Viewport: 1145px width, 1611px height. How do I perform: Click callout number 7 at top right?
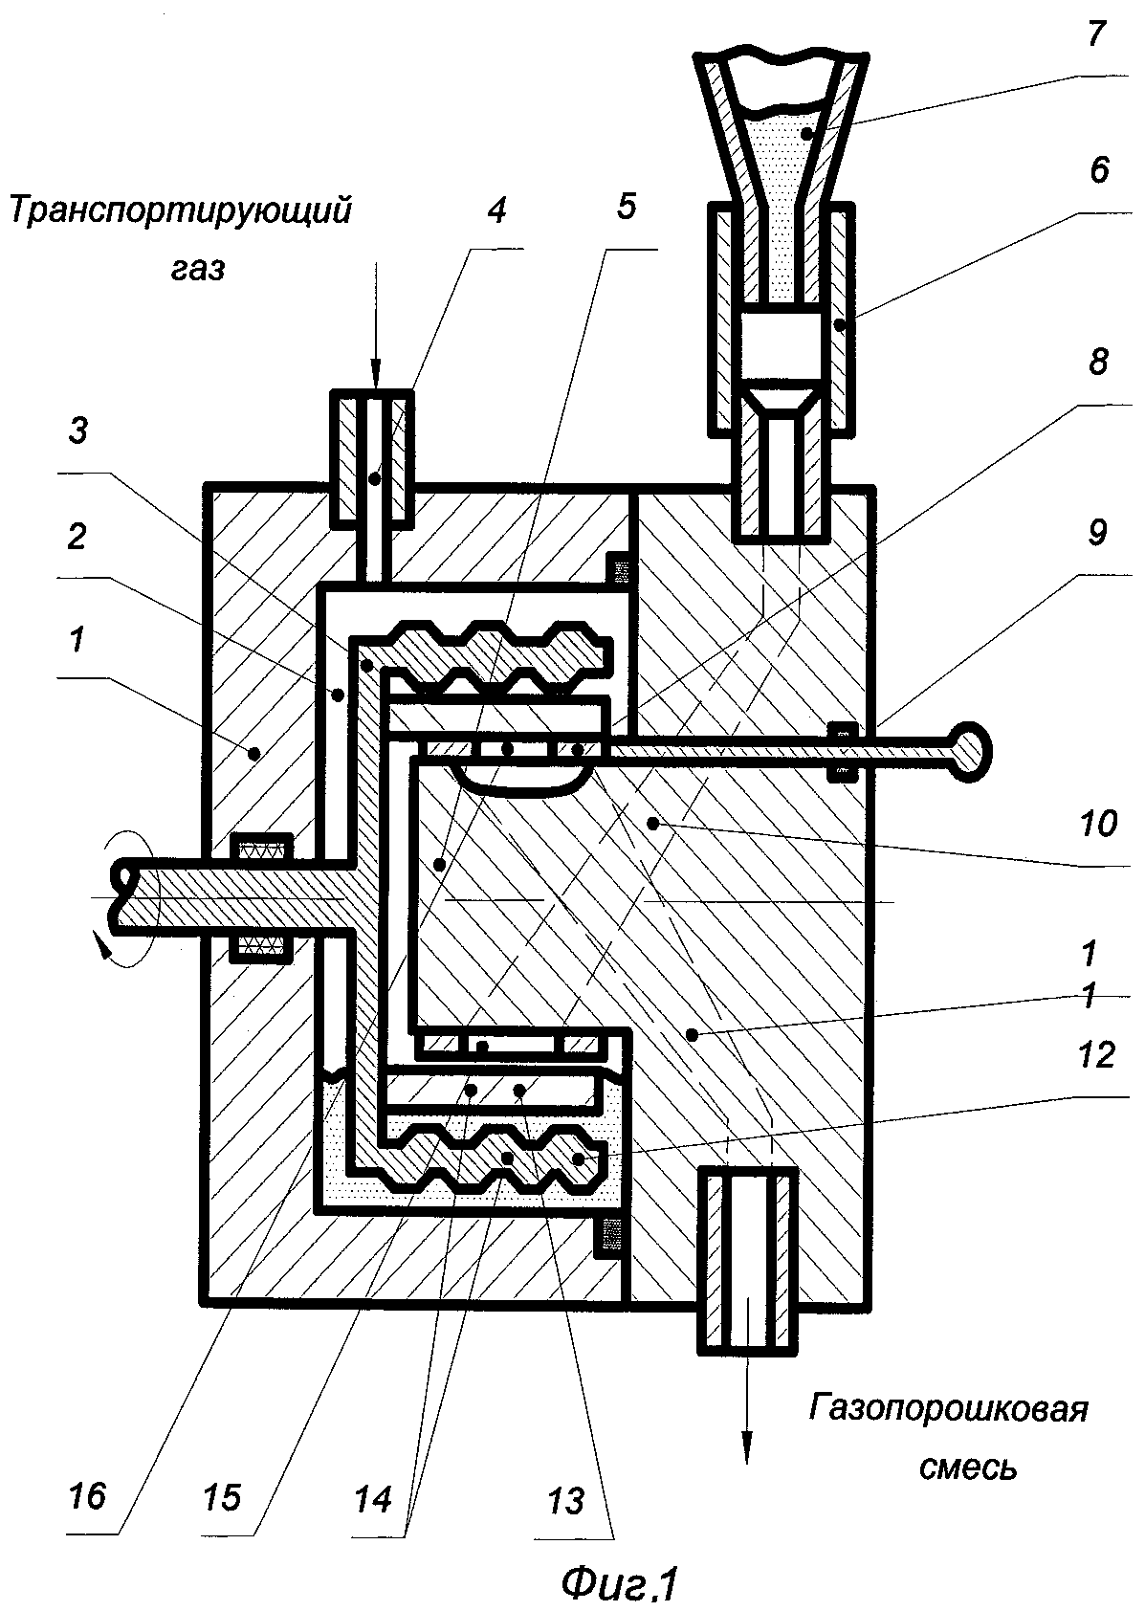(x=1096, y=34)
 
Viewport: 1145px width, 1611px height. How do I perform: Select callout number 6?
(x=1098, y=171)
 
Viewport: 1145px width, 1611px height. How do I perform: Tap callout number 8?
(x=1097, y=362)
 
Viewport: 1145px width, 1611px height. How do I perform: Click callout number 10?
(x=1097, y=823)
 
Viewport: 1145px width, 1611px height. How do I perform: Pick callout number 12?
(x=1096, y=1054)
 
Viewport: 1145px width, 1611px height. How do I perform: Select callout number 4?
(x=496, y=210)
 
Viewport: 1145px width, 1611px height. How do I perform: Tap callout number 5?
(x=626, y=207)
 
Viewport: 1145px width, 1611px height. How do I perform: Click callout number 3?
(x=77, y=430)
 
